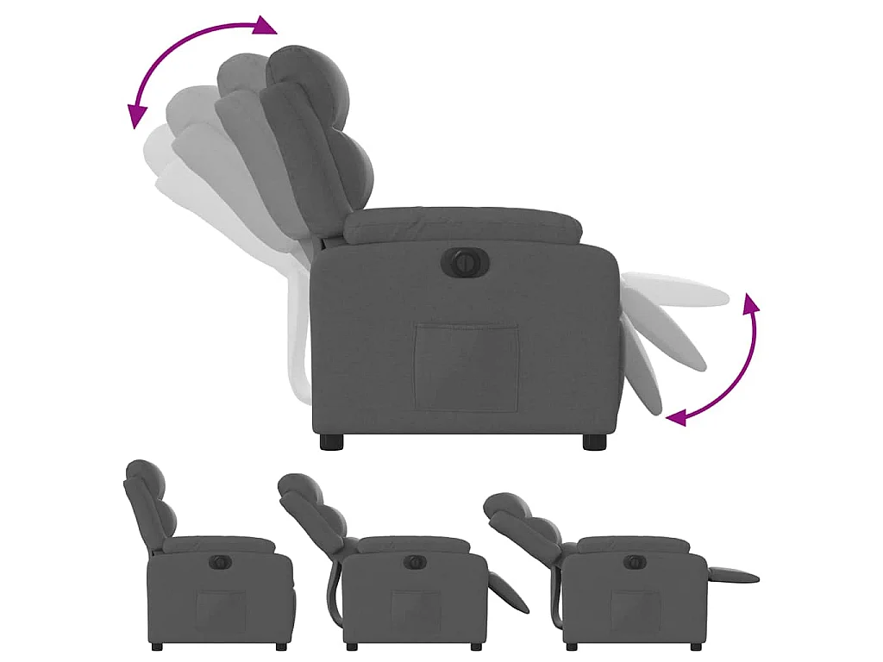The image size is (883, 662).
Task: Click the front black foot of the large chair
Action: point(594,442)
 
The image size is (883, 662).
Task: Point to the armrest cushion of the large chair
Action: point(462,226)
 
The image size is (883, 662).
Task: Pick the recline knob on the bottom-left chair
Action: point(220,562)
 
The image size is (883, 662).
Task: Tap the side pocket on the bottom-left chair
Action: point(219,609)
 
